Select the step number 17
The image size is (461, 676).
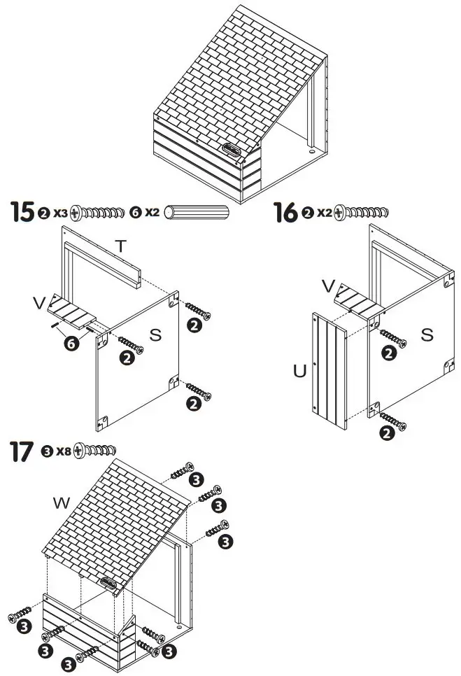pos(22,451)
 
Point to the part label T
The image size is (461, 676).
pos(121,246)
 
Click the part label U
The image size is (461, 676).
pos(299,371)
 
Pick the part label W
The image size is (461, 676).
pos(62,502)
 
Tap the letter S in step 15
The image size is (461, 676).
pos(155,335)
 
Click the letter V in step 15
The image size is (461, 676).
pos(39,302)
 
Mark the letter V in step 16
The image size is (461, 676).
pos(328,286)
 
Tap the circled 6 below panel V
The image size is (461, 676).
pos(70,343)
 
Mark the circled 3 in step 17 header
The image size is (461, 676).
pos(47,450)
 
